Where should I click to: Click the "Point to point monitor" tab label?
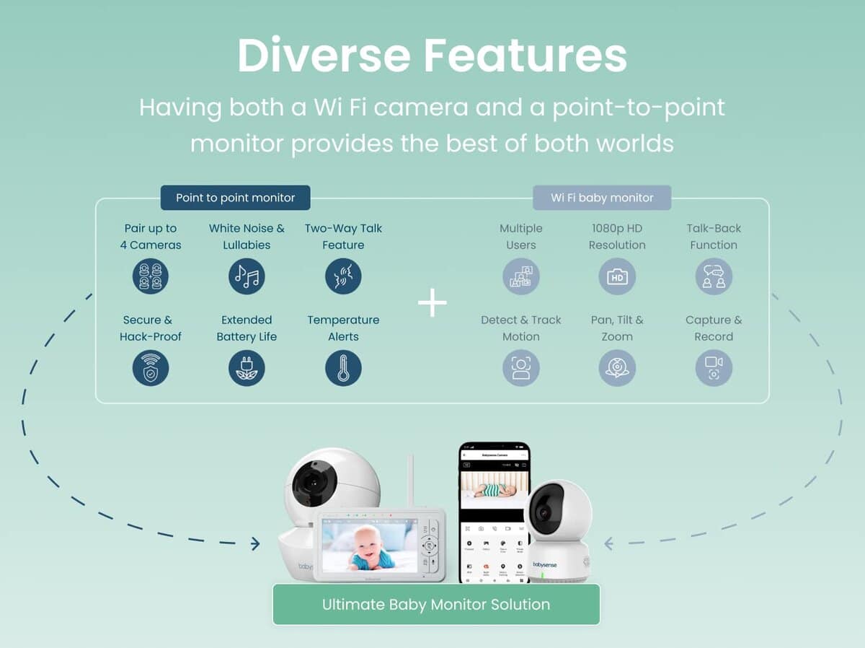[x=235, y=198]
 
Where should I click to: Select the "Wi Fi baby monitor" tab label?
[x=602, y=198]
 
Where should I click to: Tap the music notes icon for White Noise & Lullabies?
[x=247, y=276]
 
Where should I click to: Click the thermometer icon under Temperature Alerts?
[x=343, y=368]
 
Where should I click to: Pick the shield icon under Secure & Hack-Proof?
[x=151, y=368]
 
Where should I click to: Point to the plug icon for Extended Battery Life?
[x=247, y=368]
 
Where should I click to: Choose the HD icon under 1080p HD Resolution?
[x=617, y=276]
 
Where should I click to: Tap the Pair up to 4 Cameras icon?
[x=151, y=276]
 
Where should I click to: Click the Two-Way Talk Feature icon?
[x=343, y=276]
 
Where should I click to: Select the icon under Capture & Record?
[x=714, y=368]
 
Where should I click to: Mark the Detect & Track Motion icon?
[x=520, y=368]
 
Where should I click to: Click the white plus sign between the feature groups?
[x=432, y=303]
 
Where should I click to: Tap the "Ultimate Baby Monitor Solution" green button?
[x=435, y=605]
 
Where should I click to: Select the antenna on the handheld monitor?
[x=410, y=481]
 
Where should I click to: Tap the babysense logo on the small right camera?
[x=545, y=564]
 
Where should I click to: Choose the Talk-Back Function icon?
[x=714, y=276]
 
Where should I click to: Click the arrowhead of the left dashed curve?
[x=255, y=543]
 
